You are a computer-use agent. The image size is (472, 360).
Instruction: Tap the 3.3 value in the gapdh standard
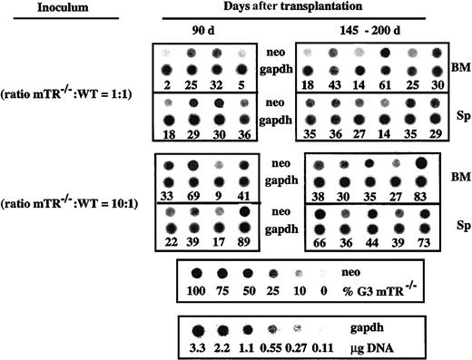[x=195, y=345]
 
